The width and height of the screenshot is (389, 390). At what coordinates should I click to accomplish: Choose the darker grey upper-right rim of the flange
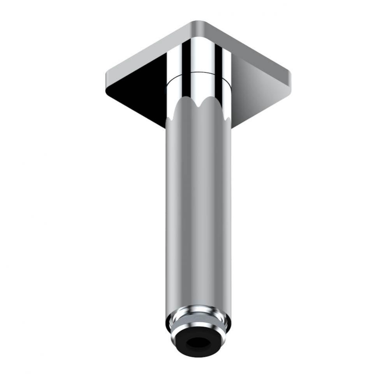[x=249, y=47]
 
